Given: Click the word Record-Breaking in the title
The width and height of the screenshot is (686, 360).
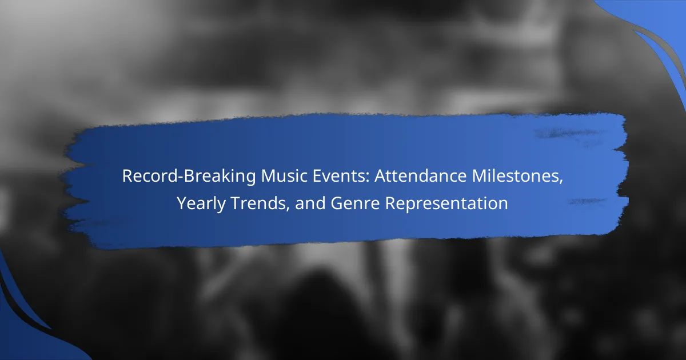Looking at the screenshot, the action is click(x=189, y=177).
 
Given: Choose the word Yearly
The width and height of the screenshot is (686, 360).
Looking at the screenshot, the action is click(x=201, y=203).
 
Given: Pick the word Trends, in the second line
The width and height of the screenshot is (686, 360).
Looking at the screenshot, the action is click(x=260, y=203).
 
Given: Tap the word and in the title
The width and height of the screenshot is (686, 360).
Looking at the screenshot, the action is click(x=310, y=203).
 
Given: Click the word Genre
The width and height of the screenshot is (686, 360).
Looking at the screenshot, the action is click(x=355, y=203).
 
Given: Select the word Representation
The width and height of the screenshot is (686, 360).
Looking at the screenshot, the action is click(x=446, y=204).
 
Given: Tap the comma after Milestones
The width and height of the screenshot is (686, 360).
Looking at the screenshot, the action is click(x=561, y=183).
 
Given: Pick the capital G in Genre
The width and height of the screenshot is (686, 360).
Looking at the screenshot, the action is click(x=337, y=203).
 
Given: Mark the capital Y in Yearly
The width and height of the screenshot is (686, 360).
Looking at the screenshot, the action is click(x=182, y=203).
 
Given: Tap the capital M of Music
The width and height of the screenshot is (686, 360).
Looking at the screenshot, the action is click(x=268, y=176).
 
